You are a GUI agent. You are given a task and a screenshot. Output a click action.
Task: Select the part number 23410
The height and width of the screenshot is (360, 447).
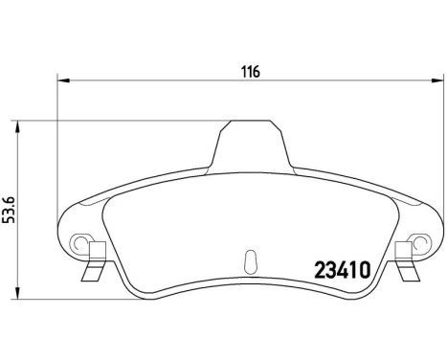(x=343, y=270)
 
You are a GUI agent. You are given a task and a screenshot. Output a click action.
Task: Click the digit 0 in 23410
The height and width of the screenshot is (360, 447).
(x=364, y=270)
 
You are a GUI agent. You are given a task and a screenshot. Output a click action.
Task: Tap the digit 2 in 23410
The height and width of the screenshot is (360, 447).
(x=322, y=270)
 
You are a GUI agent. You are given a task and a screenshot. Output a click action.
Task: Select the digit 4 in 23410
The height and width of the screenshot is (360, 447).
(x=344, y=270)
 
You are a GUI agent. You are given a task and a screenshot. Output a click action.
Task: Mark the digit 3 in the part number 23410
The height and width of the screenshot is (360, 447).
(x=332, y=270)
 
